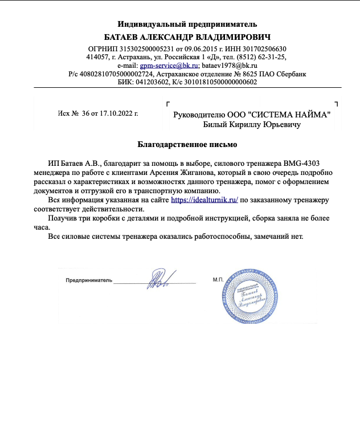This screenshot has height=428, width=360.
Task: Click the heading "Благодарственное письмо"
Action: tap(187, 144)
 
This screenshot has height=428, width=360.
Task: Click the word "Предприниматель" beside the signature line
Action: tap(89, 281)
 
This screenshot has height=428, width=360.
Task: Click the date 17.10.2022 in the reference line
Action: tap(117, 113)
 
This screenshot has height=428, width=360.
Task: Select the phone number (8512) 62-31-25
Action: tap(259, 57)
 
